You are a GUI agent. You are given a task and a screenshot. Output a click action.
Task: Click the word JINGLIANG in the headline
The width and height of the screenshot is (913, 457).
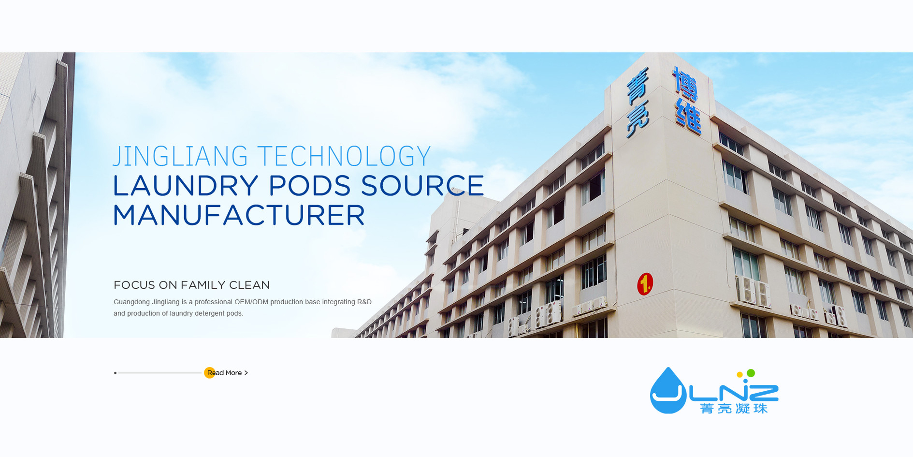point(181,156)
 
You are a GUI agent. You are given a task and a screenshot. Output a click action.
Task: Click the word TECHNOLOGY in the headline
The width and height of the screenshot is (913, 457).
point(344,156)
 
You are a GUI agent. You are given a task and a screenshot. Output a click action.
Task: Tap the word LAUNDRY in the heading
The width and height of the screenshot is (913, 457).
point(186,186)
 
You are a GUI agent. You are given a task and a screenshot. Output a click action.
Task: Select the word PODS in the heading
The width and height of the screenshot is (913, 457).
point(309,186)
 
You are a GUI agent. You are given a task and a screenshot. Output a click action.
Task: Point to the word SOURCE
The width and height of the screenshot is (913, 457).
point(422,186)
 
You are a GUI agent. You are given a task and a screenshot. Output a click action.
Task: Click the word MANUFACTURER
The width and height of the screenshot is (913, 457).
point(239,215)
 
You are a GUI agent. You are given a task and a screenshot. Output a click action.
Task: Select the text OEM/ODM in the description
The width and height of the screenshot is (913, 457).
point(251,302)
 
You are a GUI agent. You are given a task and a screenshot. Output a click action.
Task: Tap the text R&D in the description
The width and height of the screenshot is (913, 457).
point(364,302)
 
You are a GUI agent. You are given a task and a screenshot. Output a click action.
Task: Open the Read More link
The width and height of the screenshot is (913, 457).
point(227,373)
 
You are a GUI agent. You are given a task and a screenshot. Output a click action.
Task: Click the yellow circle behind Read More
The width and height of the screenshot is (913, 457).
point(210,373)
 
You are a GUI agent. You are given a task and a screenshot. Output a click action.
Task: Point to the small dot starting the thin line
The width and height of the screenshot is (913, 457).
point(115,373)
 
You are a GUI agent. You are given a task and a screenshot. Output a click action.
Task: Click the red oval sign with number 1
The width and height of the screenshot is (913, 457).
point(645,284)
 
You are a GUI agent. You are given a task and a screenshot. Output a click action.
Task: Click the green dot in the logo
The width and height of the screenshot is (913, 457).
point(751,373)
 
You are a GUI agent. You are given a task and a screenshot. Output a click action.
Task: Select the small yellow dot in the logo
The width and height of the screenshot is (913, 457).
point(739,375)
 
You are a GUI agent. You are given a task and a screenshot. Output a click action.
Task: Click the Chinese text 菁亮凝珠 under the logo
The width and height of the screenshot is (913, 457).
point(734,409)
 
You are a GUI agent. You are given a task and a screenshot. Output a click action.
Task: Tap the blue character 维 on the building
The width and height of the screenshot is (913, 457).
point(688,116)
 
